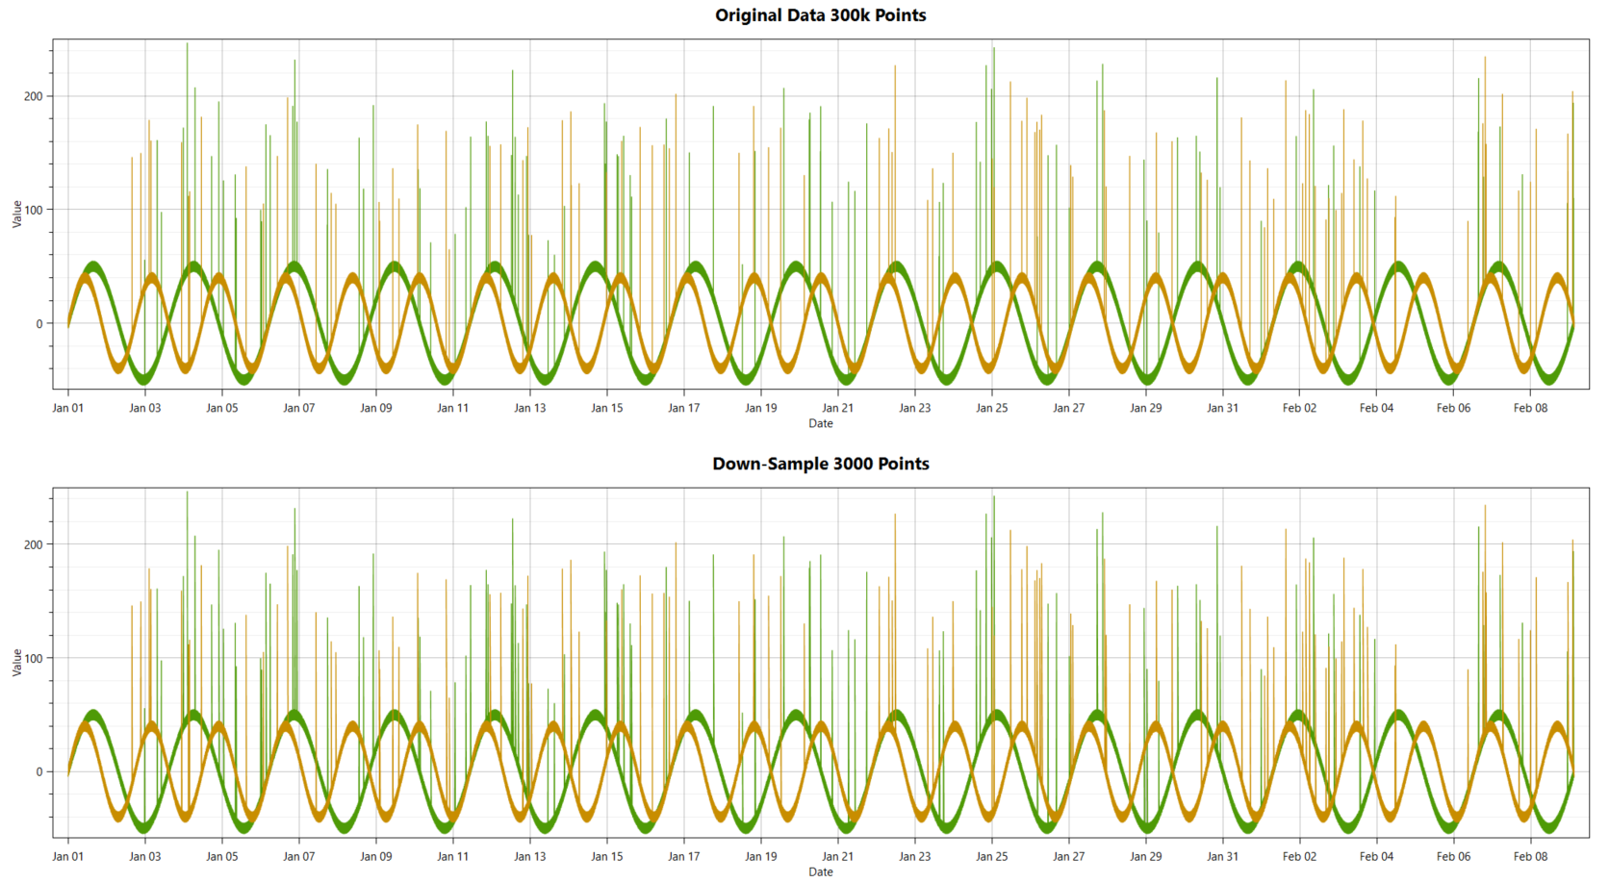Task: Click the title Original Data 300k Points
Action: pyautogui.click(x=820, y=15)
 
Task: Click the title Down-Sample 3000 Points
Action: pyautogui.click(x=820, y=464)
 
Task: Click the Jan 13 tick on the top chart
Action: pyautogui.click(x=529, y=408)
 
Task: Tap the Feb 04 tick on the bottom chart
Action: pyautogui.click(x=1376, y=856)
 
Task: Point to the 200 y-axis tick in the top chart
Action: pyautogui.click(x=33, y=96)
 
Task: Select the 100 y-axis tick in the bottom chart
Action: pyautogui.click(x=33, y=658)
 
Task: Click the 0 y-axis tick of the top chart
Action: pyautogui.click(x=38, y=323)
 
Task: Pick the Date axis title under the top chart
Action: pyautogui.click(x=820, y=423)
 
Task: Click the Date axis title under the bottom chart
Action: pyautogui.click(x=820, y=871)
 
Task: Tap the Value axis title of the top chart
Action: pyautogui.click(x=16, y=214)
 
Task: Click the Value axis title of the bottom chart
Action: pyautogui.click(x=16, y=662)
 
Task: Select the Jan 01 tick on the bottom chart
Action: pyautogui.click(x=67, y=856)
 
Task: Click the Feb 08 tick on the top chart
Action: pyautogui.click(x=1530, y=408)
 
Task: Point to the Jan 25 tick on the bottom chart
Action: pyautogui.click(x=991, y=856)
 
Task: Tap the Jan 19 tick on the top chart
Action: pyautogui.click(x=760, y=408)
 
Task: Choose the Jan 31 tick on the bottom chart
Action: pyautogui.click(x=1222, y=856)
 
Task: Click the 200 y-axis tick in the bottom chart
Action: pyautogui.click(x=33, y=544)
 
